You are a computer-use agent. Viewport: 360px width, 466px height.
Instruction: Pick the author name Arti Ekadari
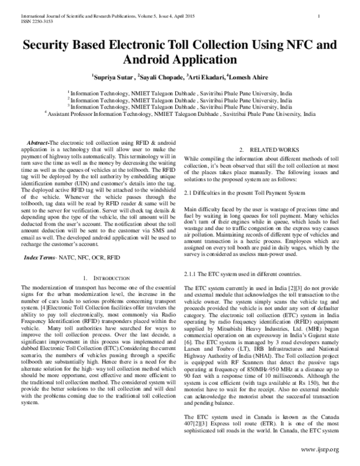click(x=207, y=77)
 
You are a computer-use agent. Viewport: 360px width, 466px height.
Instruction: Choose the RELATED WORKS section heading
click(x=264, y=148)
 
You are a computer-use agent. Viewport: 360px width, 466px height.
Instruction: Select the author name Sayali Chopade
click(x=160, y=77)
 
